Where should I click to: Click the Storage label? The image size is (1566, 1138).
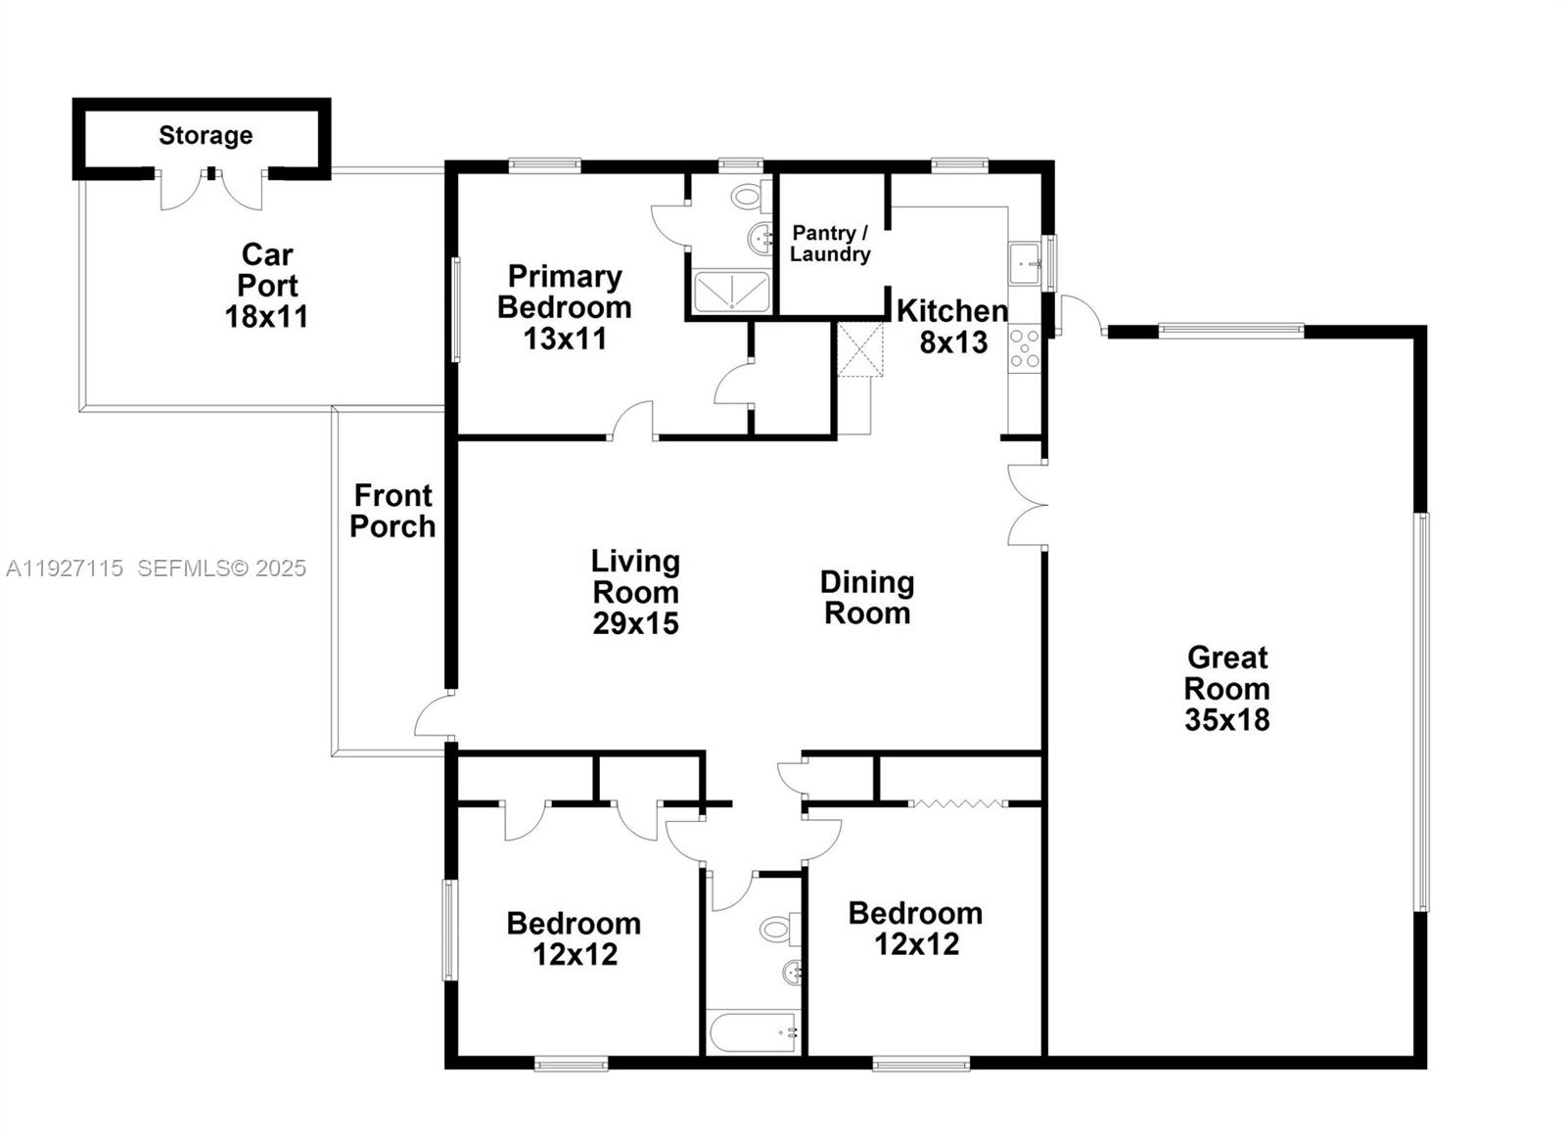(x=206, y=135)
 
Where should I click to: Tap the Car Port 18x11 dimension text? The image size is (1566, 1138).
(x=266, y=317)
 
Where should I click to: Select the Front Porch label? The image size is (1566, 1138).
(x=392, y=511)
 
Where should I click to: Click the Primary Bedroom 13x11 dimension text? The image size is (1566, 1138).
(x=565, y=339)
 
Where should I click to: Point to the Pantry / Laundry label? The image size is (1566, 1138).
(x=830, y=244)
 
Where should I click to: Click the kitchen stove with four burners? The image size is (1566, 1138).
(x=1025, y=348)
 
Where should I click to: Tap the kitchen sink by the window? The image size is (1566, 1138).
(x=1025, y=263)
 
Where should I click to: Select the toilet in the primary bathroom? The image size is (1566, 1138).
(x=750, y=197)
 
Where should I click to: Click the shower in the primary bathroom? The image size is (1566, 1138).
(x=731, y=293)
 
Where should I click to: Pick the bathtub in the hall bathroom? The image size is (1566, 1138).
(x=753, y=1031)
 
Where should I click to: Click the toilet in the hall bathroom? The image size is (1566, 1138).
(x=780, y=929)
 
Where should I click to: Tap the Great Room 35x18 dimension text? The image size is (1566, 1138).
(x=1226, y=720)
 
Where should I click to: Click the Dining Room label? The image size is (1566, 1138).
(x=867, y=598)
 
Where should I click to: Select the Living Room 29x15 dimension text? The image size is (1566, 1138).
(x=635, y=623)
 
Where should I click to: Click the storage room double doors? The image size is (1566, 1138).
(x=211, y=190)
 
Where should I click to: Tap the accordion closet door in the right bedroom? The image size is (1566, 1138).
(x=957, y=803)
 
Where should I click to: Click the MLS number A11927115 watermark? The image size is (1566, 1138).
(x=65, y=568)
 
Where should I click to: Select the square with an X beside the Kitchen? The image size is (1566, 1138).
(x=860, y=348)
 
